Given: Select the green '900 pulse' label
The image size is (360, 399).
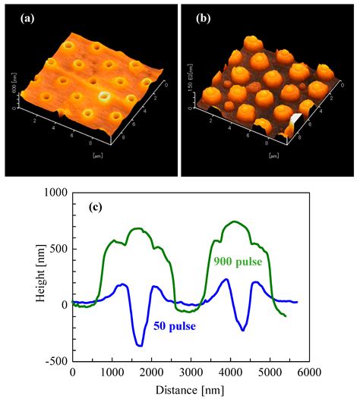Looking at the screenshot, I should [236, 262].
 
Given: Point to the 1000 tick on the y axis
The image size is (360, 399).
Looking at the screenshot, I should [53, 193].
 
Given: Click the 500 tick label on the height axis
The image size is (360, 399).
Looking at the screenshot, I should [57, 249].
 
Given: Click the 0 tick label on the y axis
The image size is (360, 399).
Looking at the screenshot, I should [64, 305].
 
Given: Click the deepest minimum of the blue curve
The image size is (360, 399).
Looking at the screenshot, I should [140, 345].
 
